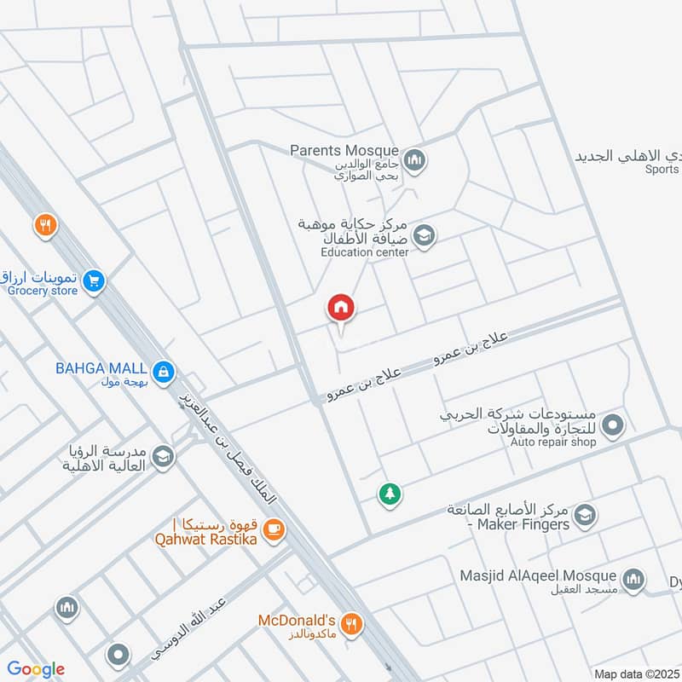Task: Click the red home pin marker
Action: point(341,308)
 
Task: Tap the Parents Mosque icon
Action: point(414,159)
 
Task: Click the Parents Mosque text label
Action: point(344,151)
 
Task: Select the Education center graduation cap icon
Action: point(423,234)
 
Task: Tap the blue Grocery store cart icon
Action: point(95,279)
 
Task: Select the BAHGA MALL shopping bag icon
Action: point(163,371)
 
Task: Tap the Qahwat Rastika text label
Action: point(205,539)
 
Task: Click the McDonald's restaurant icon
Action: point(353,623)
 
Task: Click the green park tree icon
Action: point(390,494)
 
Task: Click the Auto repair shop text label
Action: point(553,442)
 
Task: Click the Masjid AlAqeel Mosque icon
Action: point(633,581)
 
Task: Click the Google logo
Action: point(36,669)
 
